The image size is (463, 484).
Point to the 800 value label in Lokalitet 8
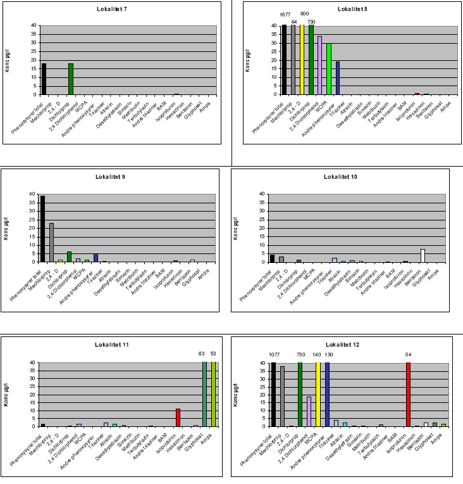[x=304, y=13]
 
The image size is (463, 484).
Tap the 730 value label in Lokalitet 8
[x=311, y=22]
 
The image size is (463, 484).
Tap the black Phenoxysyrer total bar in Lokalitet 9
[x=42, y=229]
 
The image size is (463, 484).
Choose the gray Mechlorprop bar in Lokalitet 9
[x=51, y=242]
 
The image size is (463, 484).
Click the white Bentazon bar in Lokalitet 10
[x=423, y=255]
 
